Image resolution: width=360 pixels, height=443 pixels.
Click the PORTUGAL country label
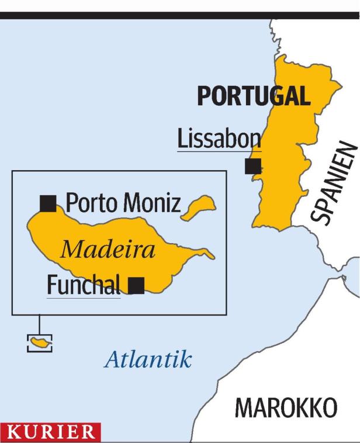pos(253,96)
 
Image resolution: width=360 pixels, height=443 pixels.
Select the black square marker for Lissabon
pos(253,166)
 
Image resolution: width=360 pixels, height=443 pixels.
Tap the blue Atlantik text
pos(148,359)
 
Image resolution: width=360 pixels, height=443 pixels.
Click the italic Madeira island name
pos(108,250)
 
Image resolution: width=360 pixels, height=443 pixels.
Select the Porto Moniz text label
pos(123,203)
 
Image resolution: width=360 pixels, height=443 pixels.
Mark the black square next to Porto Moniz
pos(48,203)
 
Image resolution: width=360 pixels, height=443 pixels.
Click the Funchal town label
pos(83,285)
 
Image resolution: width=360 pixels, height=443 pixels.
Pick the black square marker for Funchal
pos(136,285)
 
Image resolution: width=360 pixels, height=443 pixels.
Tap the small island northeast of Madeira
pos(198,207)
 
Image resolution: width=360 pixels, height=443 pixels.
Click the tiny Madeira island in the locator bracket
pos(40,343)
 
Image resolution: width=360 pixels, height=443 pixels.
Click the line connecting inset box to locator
pos(39,324)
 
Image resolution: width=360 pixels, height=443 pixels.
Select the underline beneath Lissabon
pos(219,151)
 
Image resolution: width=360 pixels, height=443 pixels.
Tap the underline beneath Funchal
pos(83,297)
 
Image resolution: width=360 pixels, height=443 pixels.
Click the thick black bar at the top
pos(180,15)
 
